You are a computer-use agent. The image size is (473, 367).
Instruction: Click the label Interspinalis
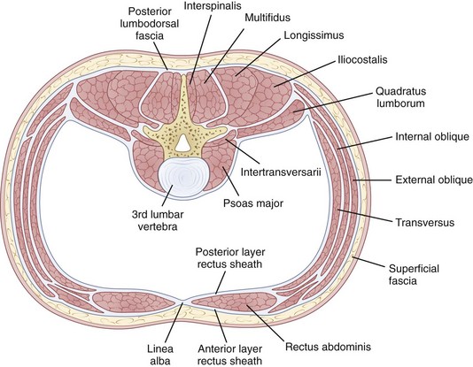[213, 5]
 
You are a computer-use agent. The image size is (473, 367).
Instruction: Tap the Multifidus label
[268, 18]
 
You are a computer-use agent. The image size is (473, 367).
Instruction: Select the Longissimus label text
[314, 35]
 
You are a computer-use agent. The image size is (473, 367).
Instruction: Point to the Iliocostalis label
[362, 59]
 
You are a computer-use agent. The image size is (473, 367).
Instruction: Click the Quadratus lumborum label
[400, 97]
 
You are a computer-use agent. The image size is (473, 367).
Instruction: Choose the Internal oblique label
[432, 137]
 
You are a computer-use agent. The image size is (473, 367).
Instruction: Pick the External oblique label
[434, 180]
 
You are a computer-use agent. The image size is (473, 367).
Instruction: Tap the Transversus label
[425, 223]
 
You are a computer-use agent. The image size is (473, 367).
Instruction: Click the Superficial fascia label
[414, 274]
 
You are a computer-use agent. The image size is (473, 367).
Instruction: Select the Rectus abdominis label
[329, 347]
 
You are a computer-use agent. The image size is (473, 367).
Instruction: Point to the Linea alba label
[160, 355]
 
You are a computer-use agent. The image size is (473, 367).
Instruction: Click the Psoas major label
[253, 203]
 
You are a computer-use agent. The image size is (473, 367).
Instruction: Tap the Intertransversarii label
[281, 172]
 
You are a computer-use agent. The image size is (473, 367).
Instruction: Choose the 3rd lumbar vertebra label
[158, 220]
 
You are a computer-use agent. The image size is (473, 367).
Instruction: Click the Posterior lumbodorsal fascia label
[150, 24]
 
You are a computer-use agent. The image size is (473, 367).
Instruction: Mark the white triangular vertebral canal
[182, 142]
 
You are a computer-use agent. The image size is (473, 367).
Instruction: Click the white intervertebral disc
[180, 177]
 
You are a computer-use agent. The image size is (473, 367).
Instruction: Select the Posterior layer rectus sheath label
[230, 258]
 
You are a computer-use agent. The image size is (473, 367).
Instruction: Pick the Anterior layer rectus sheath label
[230, 355]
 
